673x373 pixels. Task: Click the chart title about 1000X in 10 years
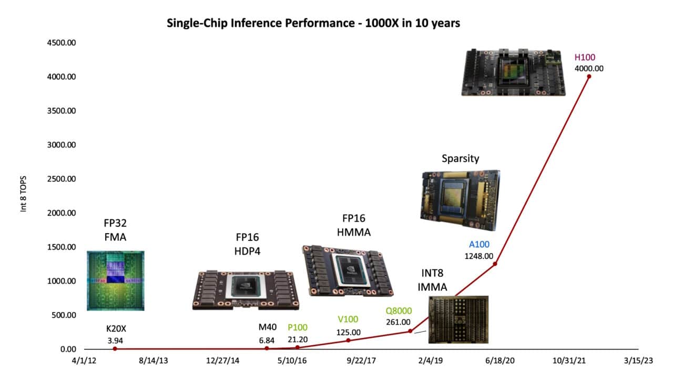pos(313,23)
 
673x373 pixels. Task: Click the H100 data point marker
pos(589,76)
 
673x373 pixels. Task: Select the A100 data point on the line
pos(495,264)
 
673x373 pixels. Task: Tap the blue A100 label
pos(478,244)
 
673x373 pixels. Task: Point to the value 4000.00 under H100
pos(589,68)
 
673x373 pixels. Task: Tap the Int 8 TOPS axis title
pos(23,194)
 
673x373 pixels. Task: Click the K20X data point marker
pos(115,349)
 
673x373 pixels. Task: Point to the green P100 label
pos(298,327)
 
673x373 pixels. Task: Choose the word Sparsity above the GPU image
pos(461,158)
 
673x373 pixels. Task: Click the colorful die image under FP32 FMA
pos(115,280)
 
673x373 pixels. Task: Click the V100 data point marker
pos(348,340)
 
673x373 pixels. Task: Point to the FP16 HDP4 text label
pos(247,244)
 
